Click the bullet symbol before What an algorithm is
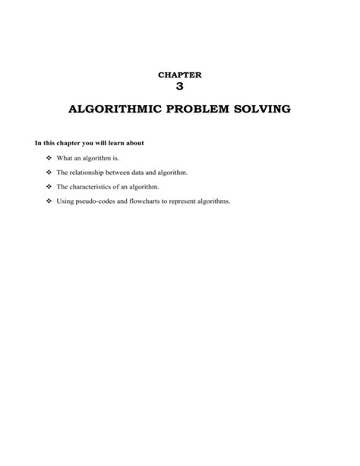(x=48, y=158)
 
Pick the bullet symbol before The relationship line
(x=48, y=173)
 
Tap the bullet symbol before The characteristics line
(x=48, y=187)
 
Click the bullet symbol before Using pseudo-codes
(x=48, y=201)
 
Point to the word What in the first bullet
(x=65, y=158)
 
